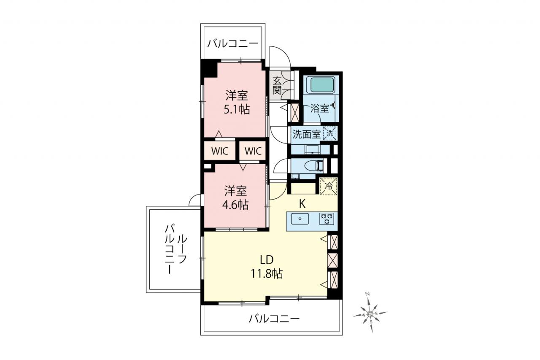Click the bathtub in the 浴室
pos(322,85)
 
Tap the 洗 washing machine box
pos(330,133)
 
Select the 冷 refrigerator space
pos(328,186)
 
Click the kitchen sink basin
pos(300,219)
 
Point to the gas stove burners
pos(327,219)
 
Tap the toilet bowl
pos(313,166)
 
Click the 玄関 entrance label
pos(277,85)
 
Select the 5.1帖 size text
pos(237,110)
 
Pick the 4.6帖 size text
pos(235,205)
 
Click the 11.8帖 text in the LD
pos(267,273)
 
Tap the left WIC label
pos(220,151)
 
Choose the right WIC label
pos(253,151)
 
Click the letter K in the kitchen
pos(302,204)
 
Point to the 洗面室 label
pos(306,134)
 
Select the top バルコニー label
pos(232,44)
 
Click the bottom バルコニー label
pos(274,319)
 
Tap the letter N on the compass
pos(367,294)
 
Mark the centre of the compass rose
pos(370,314)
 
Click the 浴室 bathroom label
pos(320,108)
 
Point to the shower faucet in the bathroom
pos(333,105)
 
